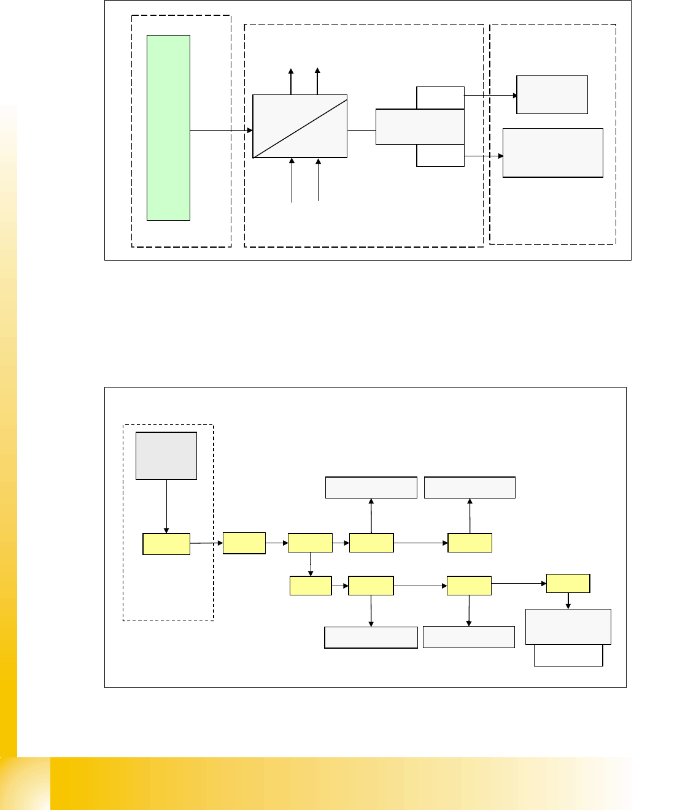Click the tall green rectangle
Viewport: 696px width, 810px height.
[168, 128]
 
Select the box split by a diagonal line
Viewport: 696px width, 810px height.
[300, 126]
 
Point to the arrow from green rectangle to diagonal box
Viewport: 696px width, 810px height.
[221, 130]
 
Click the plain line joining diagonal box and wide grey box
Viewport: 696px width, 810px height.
[362, 130]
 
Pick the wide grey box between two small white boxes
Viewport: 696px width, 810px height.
[420, 127]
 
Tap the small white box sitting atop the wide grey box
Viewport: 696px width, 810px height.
[440, 98]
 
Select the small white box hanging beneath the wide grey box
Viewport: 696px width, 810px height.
[440, 156]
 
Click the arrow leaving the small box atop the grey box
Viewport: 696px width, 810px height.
[490, 96]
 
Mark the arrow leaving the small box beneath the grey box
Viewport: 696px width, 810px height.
[484, 156]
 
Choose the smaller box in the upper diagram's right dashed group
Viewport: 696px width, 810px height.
[552, 94]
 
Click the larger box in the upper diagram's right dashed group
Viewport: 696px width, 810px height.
[552, 153]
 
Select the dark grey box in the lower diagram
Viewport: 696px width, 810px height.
[166, 456]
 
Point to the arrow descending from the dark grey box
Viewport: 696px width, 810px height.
[166, 506]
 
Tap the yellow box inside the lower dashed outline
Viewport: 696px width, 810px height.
[166, 544]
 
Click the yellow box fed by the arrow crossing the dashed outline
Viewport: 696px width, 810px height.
[244, 543]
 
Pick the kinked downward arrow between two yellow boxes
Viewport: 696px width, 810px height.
[311, 564]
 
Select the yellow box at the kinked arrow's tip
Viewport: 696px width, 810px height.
[311, 586]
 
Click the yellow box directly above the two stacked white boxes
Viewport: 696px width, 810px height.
[568, 583]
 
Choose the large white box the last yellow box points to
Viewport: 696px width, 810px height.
[568, 626]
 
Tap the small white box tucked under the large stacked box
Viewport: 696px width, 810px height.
[568, 655]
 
